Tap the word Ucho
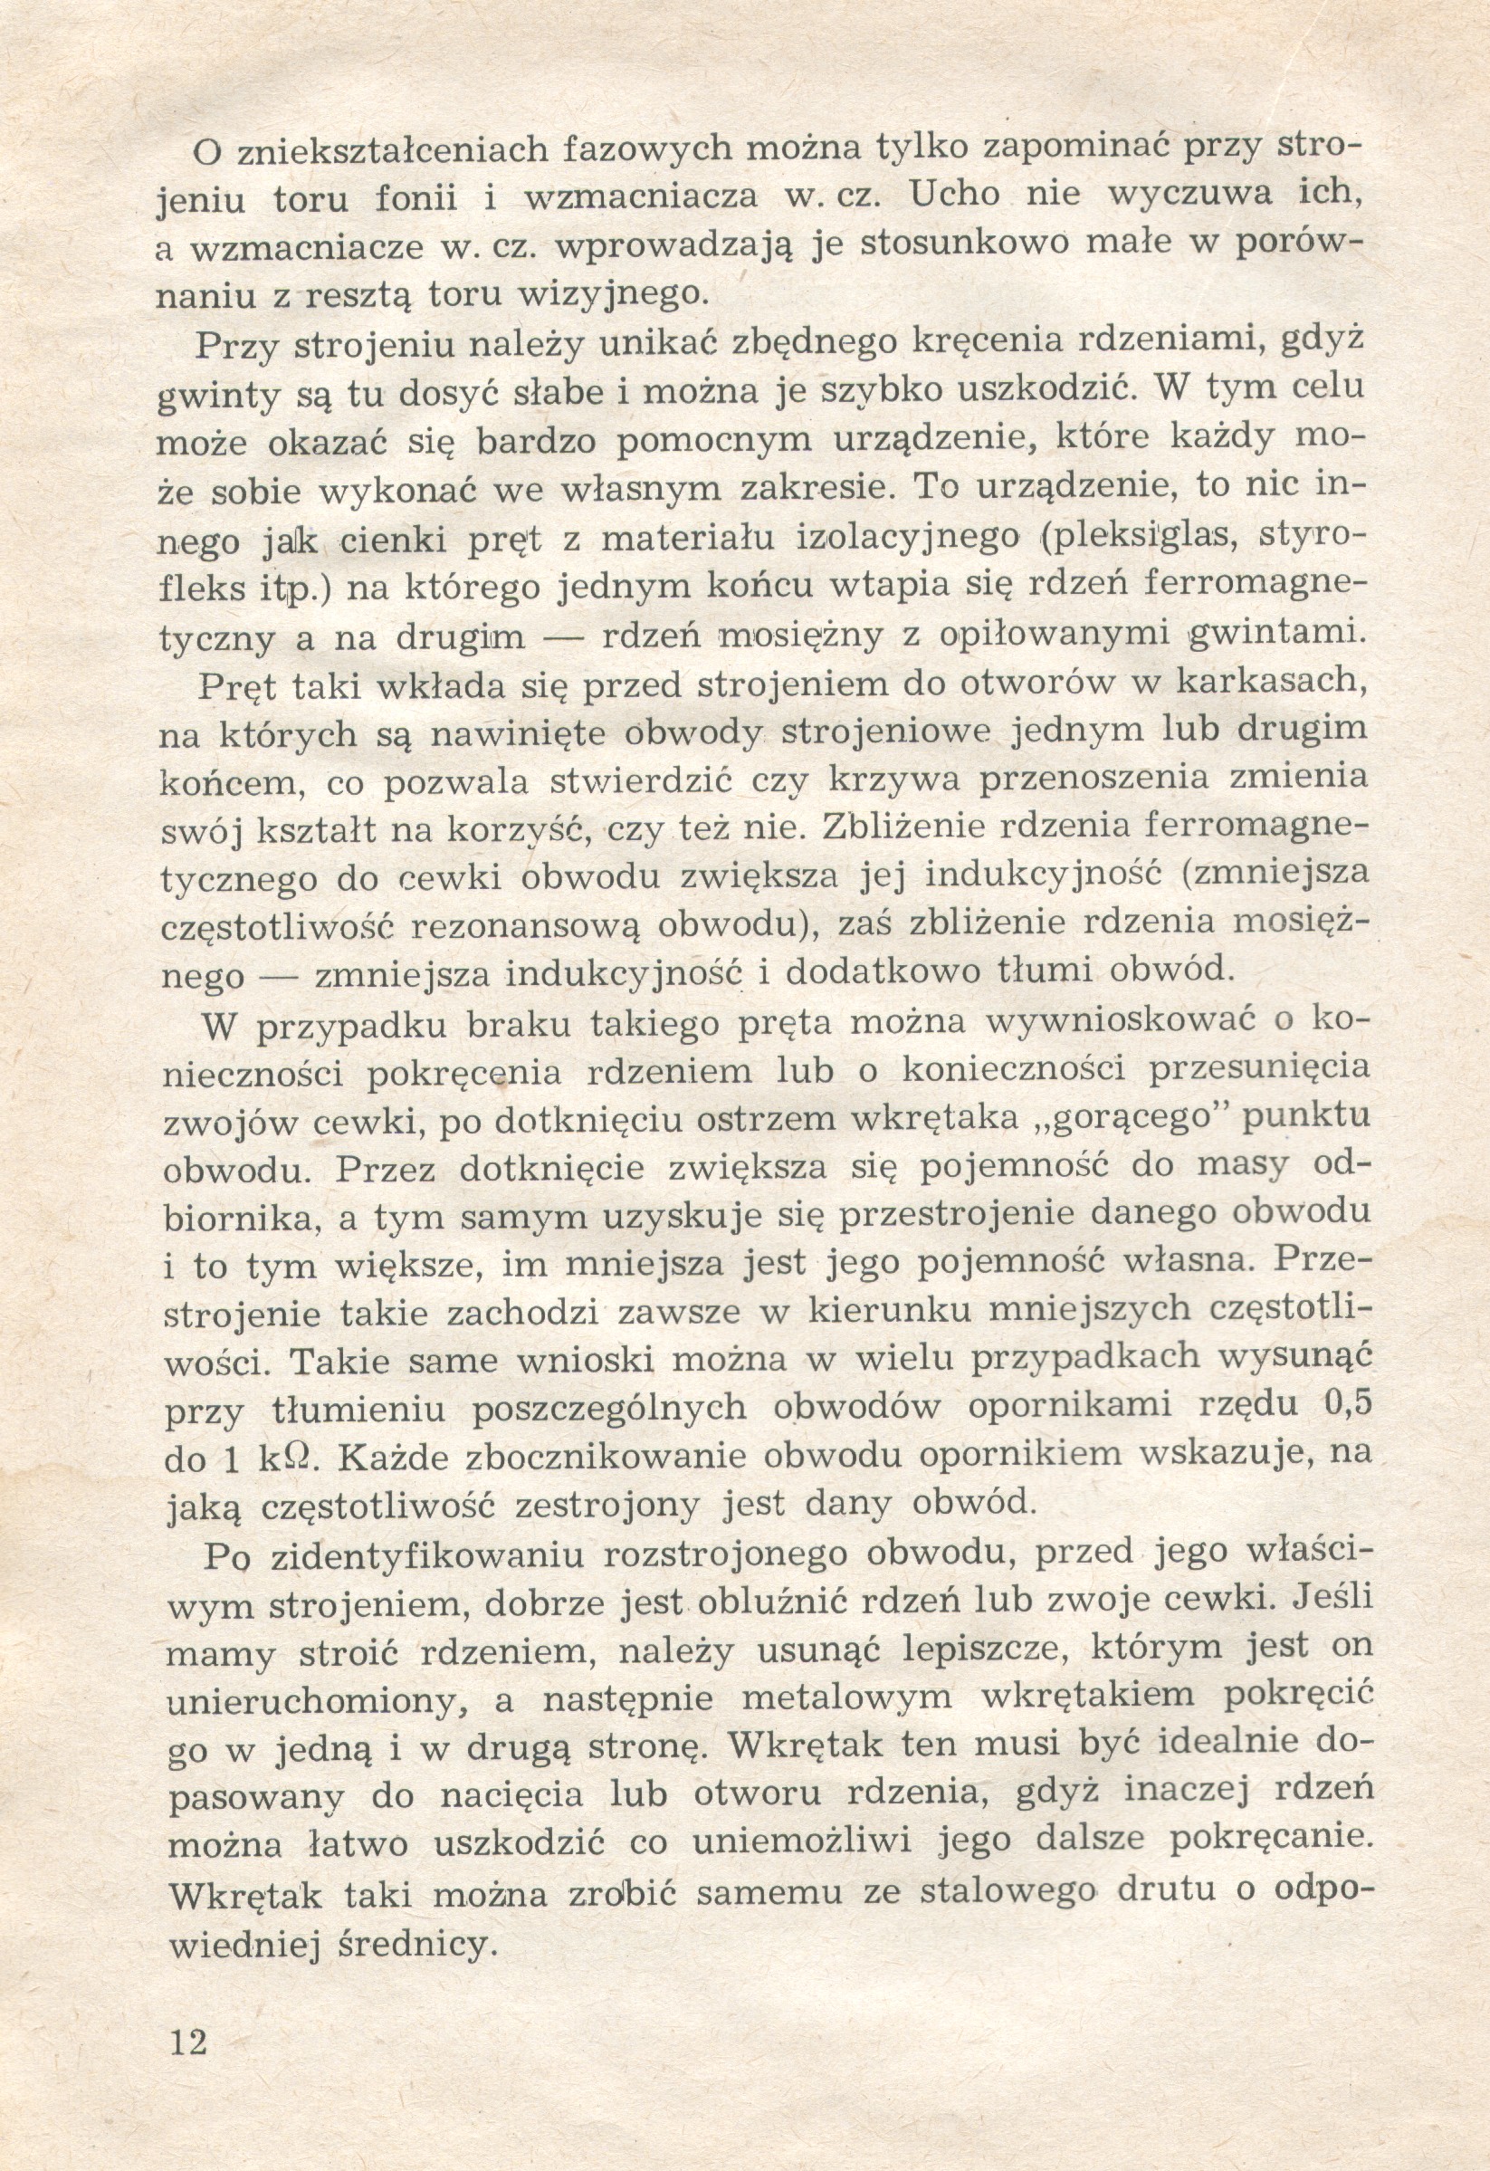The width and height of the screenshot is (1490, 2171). pos(954,196)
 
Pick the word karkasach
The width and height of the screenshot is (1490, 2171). pos(1272,682)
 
